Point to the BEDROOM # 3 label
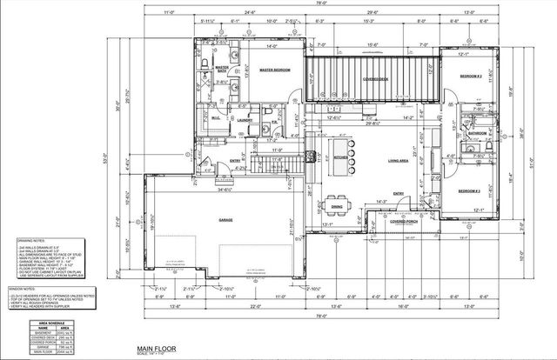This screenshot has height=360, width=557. click(x=471, y=190)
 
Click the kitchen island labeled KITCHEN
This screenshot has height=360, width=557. click(x=340, y=156)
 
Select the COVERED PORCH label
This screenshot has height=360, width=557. click(x=403, y=221)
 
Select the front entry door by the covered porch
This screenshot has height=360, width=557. click(x=399, y=210)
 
